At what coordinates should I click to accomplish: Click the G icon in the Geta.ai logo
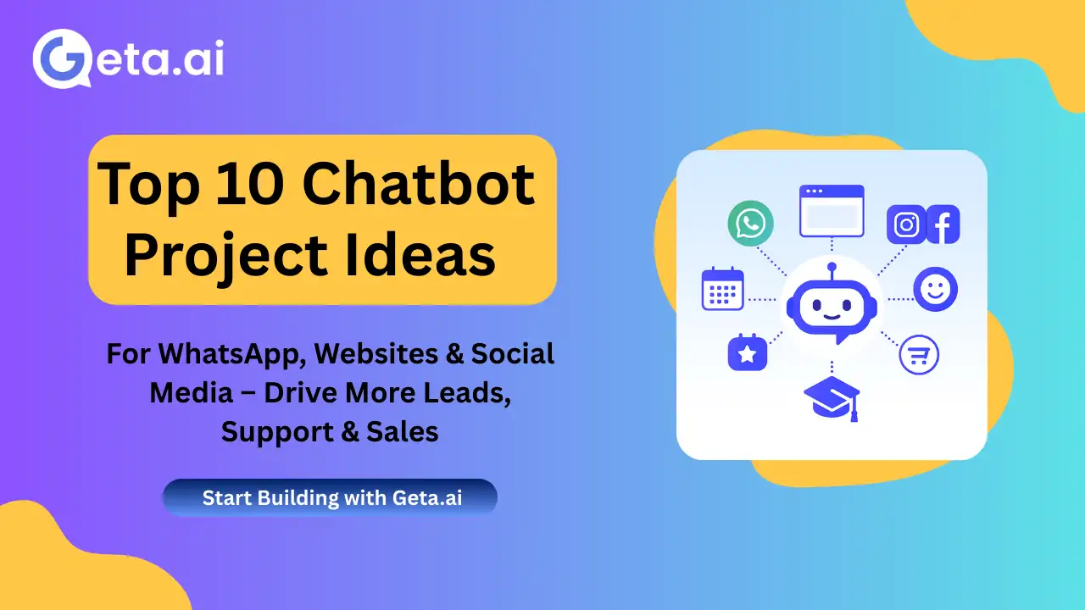(x=62, y=58)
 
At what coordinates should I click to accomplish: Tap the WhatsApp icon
(x=750, y=223)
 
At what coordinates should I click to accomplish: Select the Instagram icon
(x=906, y=225)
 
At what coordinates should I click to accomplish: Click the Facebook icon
(x=943, y=225)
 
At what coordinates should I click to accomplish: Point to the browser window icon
(x=832, y=211)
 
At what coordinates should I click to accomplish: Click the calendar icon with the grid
(x=723, y=289)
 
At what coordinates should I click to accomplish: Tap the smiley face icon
(x=935, y=289)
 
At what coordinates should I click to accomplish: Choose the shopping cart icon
(x=919, y=355)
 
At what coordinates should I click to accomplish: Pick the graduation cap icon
(x=832, y=398)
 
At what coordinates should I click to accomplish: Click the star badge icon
(x=748, y=353)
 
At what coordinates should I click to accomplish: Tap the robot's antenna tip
(x=832, y=266)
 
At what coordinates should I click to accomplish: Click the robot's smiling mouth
(x=832, y=317)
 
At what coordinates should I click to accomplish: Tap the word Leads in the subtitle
(x=467, y=392)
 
